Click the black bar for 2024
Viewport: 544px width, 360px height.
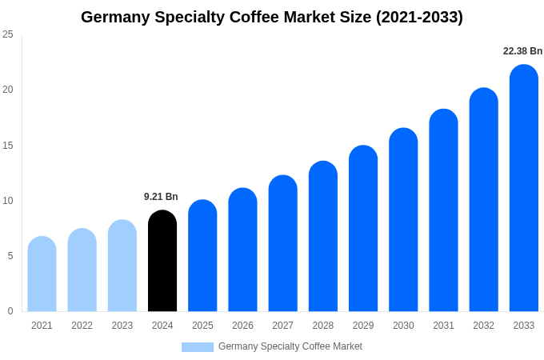coord(162,261)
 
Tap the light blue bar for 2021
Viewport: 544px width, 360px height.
coord(42,274)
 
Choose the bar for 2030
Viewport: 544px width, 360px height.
coord(403,220)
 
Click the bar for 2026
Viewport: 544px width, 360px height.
coord(242,250)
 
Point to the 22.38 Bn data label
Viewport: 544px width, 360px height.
coord(522,51)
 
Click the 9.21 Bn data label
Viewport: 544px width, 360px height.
coord(161,197)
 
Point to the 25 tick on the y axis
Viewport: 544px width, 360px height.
coord(8,34)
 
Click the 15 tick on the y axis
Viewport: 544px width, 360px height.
coord(8,146)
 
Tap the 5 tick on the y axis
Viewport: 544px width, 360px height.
coord(10,256)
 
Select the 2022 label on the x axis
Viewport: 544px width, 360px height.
coord(82,326)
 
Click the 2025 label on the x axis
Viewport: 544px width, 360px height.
coord(202,326)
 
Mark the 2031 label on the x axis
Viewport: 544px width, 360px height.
coord(443,326)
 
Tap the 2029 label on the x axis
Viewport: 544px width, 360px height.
coord(363,326)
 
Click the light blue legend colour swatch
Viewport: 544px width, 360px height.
coord(198,347)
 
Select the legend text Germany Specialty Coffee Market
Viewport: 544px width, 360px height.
coord(290,346)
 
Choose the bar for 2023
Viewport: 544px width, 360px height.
coord(122,266)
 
